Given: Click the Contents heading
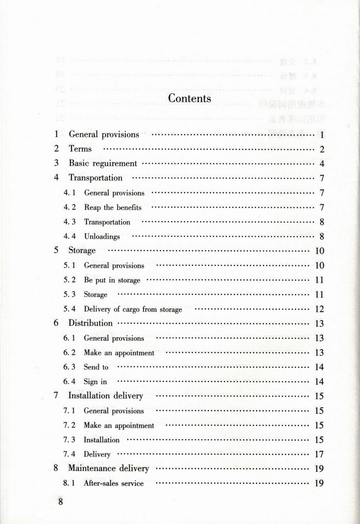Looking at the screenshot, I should (189, 98).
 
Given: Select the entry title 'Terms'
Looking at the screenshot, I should (80, 149).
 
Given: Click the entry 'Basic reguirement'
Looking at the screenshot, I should (103, 163).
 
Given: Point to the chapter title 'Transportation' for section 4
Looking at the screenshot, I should (96, 178).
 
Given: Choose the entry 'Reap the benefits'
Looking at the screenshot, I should (113, 207).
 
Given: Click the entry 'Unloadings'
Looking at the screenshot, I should (102, 236).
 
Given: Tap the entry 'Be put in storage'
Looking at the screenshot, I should (112, 280).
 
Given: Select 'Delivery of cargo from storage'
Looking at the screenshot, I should (133, 309).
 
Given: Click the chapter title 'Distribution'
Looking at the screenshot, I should (91, 323).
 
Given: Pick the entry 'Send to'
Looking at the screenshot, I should (96, 367).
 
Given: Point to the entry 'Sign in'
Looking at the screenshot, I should (95, 381).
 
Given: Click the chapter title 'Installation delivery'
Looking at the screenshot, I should (106, 396).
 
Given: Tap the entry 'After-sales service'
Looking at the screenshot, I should (114, 483).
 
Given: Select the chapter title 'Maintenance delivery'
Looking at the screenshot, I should (109, 468).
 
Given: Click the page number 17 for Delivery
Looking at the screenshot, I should (319, 454).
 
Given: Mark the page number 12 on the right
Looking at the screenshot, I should (319, 309).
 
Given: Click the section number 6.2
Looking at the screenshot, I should (69, 353).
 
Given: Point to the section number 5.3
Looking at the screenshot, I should (69, 294).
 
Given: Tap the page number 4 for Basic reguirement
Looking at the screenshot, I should (321, 164).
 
